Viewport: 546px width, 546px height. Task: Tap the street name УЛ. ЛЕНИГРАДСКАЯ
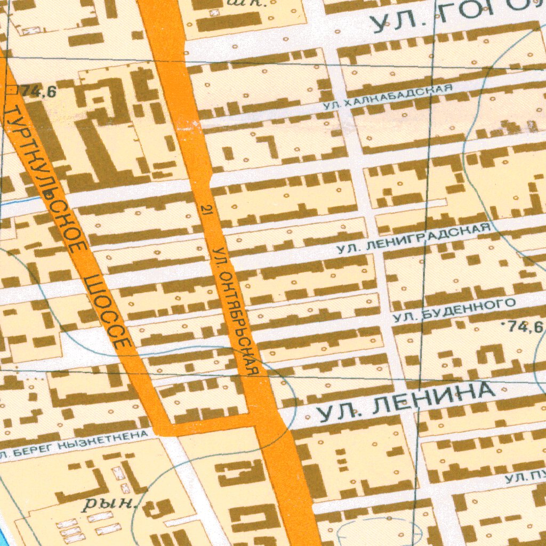[414, 238]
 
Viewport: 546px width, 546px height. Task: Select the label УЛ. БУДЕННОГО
[454, 310]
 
